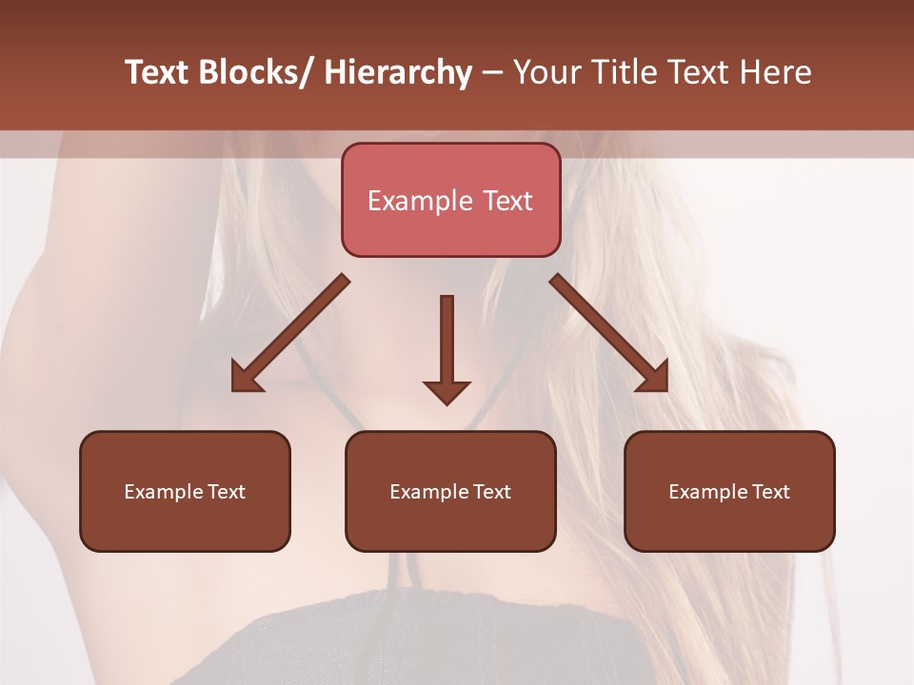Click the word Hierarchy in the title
[x=397, y=72]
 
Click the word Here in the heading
[x=776, y=72]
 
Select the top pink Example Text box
[x=450, y=200]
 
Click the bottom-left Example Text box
[x=185, y=491]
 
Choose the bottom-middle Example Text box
[x=450, y=491]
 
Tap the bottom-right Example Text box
[x=729, y=491]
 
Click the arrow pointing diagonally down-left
[x=289, y=334]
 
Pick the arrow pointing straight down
[x=447, y=347]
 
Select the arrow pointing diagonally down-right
[x=609, y=333]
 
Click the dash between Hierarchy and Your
[x=492, y=72]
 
